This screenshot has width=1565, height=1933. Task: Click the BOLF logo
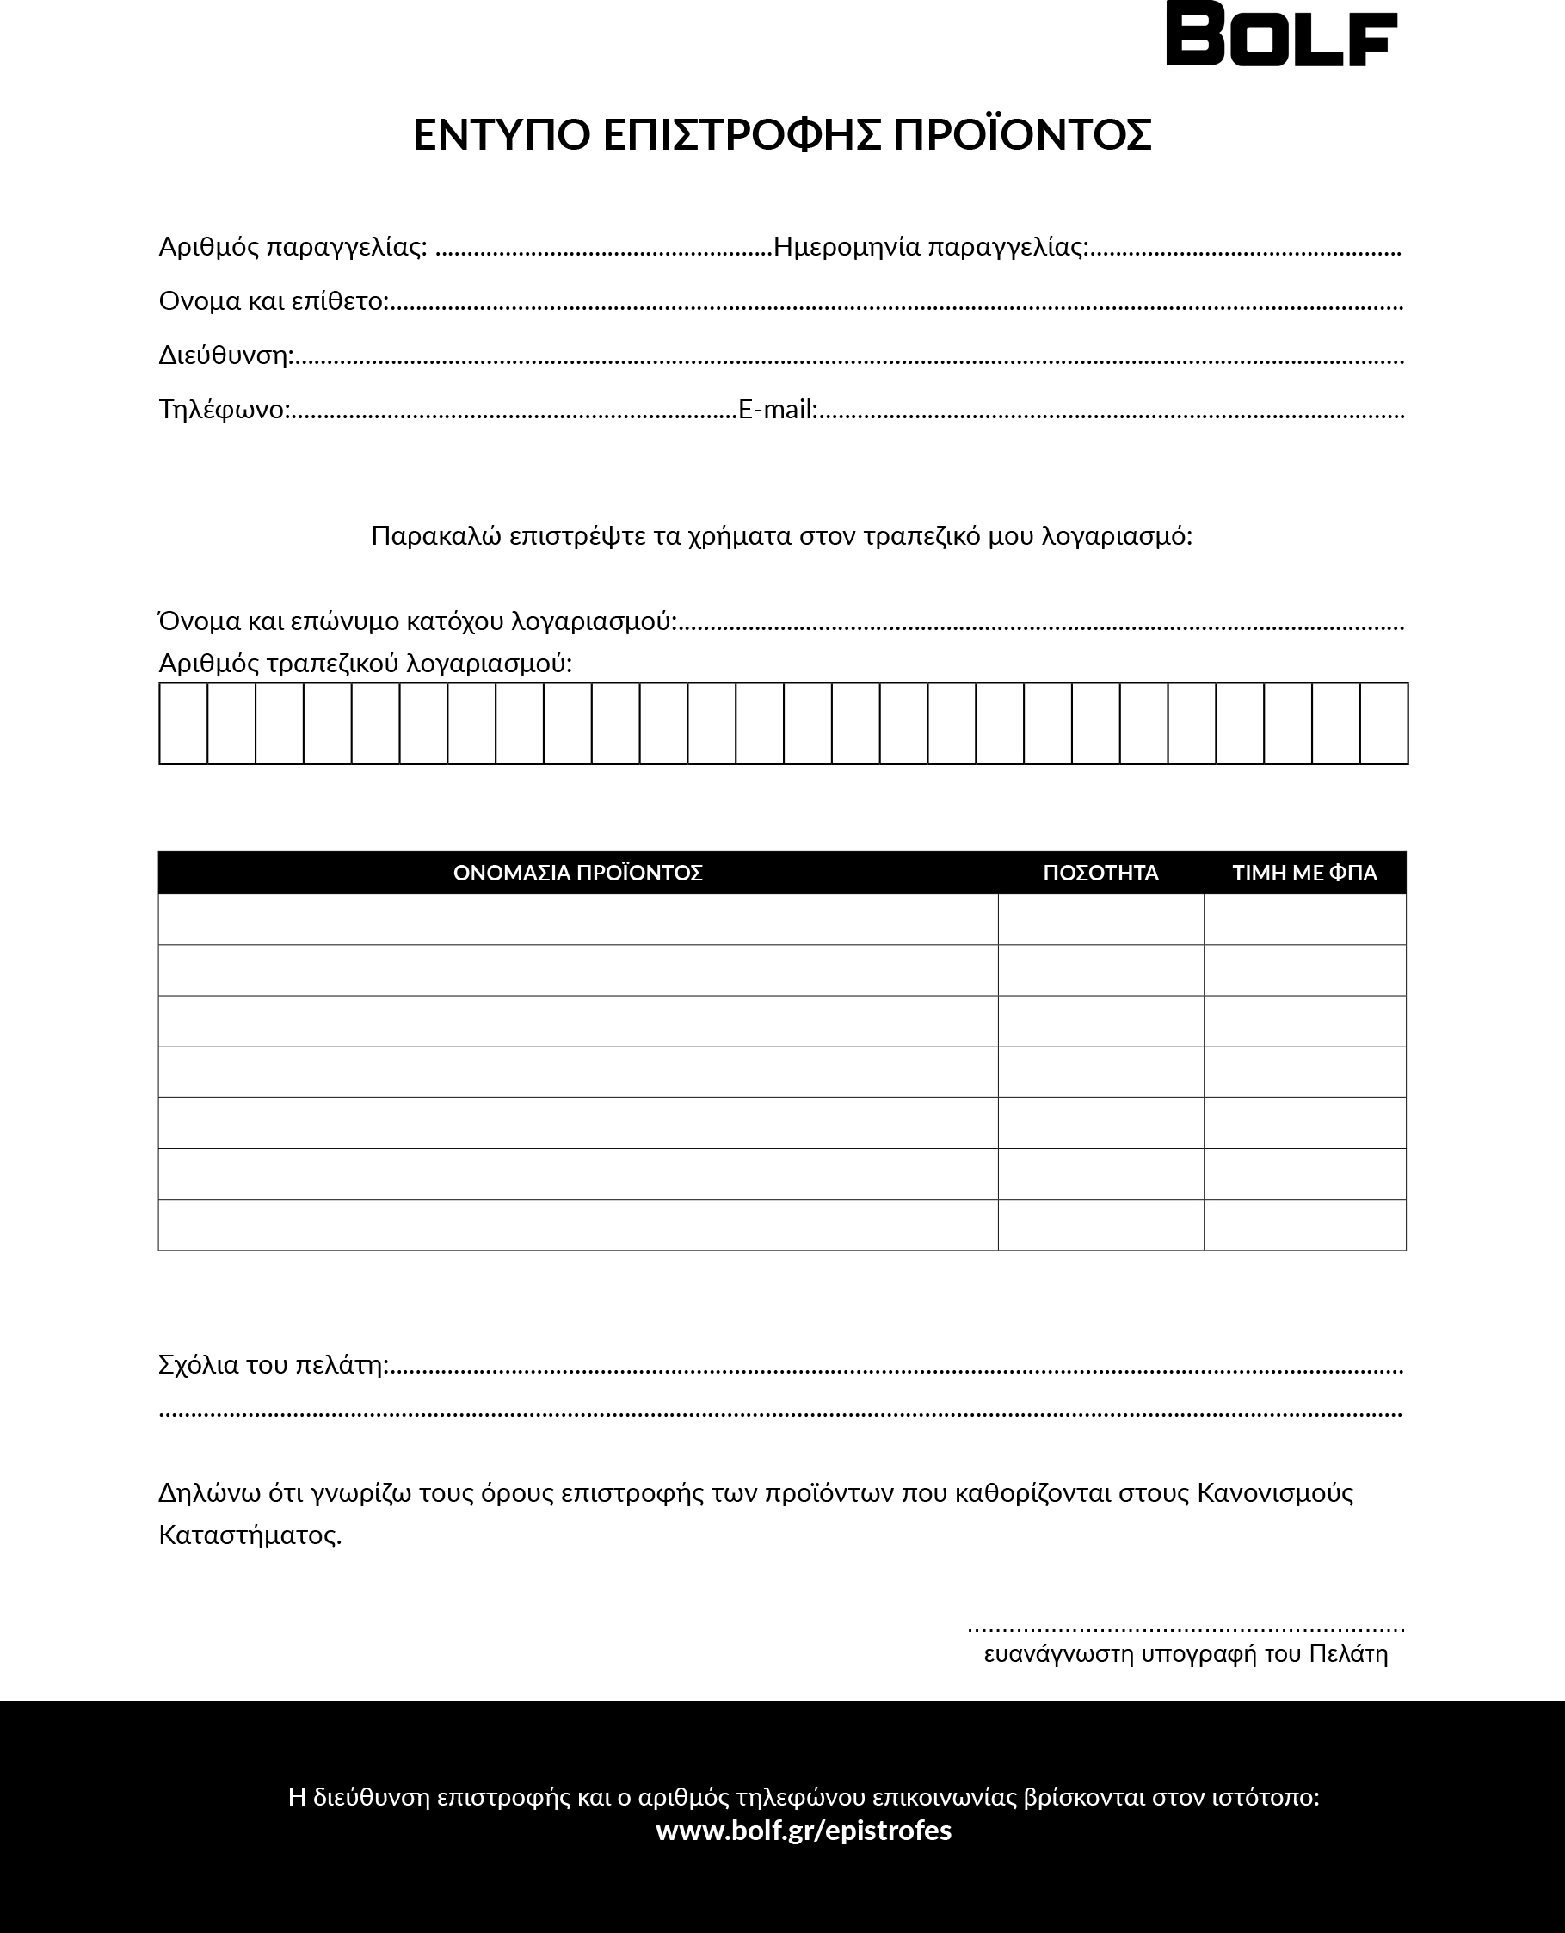pos(1281,34)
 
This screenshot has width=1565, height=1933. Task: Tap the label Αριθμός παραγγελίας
pos(292,247)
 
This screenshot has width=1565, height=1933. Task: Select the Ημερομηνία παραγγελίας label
pos(930,247)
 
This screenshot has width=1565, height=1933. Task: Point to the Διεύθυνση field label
pos(225,355)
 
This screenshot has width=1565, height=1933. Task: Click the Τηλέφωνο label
pos(224,410)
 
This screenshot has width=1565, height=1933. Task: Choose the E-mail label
pos(777,410)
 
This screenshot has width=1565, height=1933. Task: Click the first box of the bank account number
pos(184,723)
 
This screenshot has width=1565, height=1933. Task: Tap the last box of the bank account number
pos(1383,723)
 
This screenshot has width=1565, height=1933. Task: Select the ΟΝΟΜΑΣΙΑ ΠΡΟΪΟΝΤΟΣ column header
pos(577,873)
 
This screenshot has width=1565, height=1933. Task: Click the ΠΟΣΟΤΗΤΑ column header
pos(1100,873)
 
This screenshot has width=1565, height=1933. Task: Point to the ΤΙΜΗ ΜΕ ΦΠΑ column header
pos(1303,873)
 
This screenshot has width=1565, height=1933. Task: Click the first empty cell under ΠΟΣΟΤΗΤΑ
pos(1100,920)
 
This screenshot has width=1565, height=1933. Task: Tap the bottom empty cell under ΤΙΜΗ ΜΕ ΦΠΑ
pos(1303,1225)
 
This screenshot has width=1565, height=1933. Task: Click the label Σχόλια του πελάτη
pos(272,1365)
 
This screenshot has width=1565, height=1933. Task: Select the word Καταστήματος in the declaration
pos(249,1535)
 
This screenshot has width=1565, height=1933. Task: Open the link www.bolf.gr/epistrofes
pos(804,1831)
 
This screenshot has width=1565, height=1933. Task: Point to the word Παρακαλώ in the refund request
pos(436,536)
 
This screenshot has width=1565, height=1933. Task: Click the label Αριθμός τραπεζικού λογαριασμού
pos(364,664)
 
